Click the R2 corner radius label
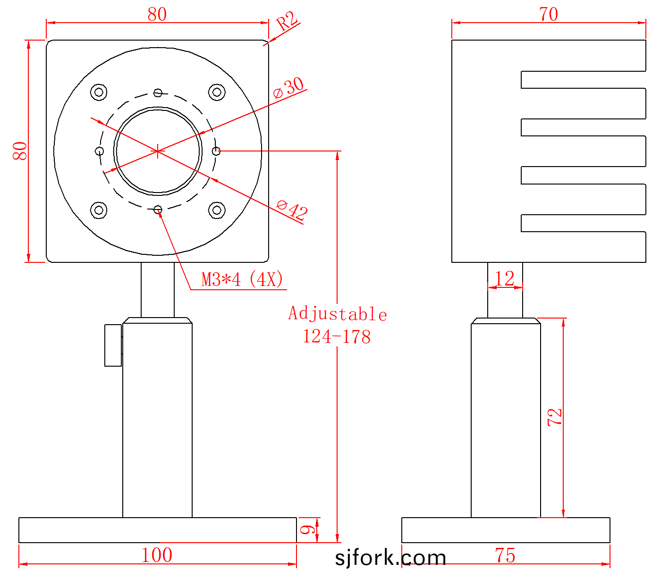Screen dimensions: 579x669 click(x=287, y=21)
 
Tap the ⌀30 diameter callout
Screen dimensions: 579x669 click(x=289, y=87)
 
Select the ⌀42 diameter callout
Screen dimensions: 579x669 click(x=292, y=210)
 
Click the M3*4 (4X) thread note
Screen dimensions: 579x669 click(x=242, y=279)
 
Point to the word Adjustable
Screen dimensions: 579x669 click(x=338, y=314)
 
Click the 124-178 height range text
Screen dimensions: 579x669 click(x=337, y=336)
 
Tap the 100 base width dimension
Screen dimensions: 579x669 click(x=157, y=555)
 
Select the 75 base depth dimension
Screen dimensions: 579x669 click(x=505, y=555)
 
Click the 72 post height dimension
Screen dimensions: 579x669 click(x=555, y=417)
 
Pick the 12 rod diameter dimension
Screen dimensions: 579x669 click(x=505, y=278)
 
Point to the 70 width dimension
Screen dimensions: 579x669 click(x=549, y=14)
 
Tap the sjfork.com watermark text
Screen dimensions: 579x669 click(x=390, y=558)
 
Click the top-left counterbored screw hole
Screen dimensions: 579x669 click(x=99, y=92)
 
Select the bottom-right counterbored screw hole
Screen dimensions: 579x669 click(x=217, y=210)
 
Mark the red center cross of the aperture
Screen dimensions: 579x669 click(x=158, y=151)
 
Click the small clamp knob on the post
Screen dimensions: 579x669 click(x=113, y=345)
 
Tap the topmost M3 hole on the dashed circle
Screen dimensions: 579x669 click(x=158, y=93)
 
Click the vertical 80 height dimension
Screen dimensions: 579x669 click(x=20, y=151)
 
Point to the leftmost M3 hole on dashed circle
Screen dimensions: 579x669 click(x=99, y=151)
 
